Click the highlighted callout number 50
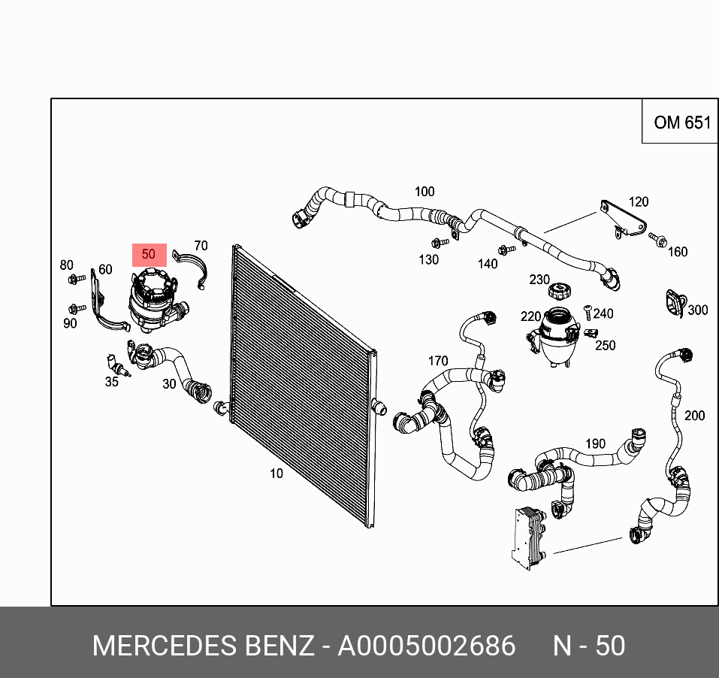149,254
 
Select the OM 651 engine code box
681,122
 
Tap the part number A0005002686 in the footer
426,646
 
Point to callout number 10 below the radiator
276,473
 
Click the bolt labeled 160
659,241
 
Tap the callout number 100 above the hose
424,192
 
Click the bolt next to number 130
438,243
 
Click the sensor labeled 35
119,365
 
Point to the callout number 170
438,362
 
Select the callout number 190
595,443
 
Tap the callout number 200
694,415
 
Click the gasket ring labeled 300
672,303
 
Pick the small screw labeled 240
588,313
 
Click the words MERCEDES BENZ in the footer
202,646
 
